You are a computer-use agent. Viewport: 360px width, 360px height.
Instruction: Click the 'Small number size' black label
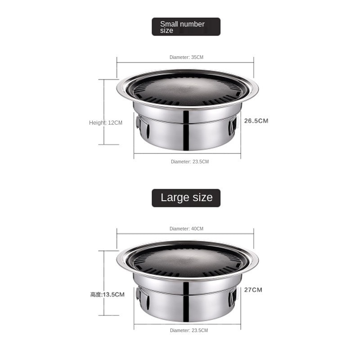click(186, 27)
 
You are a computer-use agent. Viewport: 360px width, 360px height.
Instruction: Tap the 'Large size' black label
click(186, 198)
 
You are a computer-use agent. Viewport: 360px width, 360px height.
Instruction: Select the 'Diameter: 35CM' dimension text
click(186, 58)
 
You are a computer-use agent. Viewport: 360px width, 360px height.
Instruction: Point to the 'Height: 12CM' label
click(106, 123)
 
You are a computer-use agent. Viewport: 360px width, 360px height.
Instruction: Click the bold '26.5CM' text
click(256, 121)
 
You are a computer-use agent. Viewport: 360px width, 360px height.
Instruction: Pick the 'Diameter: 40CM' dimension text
click(186, 229)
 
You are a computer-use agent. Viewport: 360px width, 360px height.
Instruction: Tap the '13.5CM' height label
click(113, 294)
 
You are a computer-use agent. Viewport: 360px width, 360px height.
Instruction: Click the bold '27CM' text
click(253, 290)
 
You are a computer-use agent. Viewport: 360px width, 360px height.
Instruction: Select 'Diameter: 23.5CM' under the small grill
click(189, 162)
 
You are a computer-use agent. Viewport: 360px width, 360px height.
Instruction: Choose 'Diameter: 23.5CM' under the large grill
click(189, 330)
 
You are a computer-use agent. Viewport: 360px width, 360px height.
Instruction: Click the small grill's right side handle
click(232, 126)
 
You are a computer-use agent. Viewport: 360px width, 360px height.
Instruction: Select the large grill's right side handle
click(232, 297)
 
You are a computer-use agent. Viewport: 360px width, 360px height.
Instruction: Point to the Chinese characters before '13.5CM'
click(96, 295)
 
